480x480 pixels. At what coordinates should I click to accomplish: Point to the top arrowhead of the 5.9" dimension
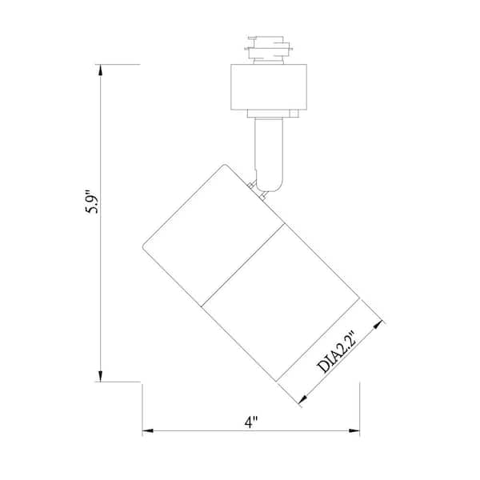click(101, 70)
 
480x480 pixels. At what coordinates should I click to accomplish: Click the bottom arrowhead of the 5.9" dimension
click(101, 374)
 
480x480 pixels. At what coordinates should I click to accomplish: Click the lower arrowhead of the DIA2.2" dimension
click(305, 398)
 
